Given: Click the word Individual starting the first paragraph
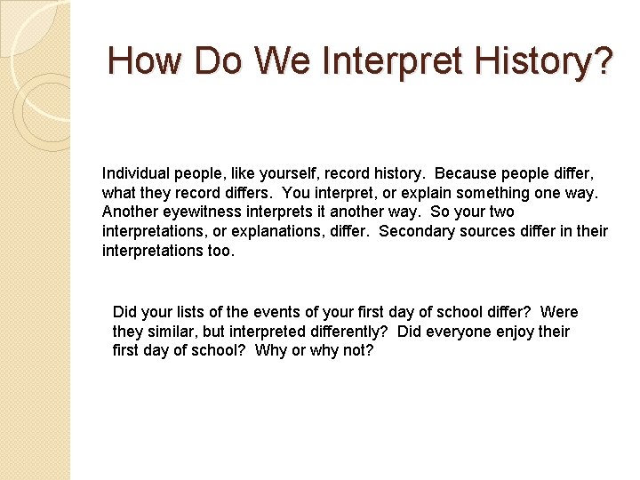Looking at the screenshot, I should point(133,172).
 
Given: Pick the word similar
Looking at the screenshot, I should point(174,332).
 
